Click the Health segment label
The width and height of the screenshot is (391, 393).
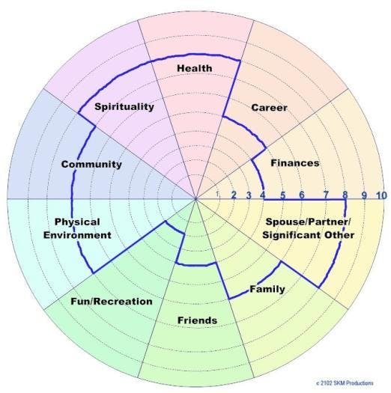pyautogui.click(x=195, y=69)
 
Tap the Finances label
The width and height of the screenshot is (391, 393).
pyautogui.click(x=294, y=162)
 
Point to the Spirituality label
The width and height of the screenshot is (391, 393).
pyautogui.click(x=124, y=106)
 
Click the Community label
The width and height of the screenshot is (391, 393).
pyautogui.click(x=91, y=164)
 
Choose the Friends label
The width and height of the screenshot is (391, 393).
pyautogui.click(x=197, y=321)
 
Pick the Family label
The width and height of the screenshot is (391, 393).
pyautogui.click(x=267, y=289)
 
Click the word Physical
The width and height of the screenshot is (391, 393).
pyautogui.click(x=78, y=222)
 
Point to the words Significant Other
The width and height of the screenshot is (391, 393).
pyautogui.click(x=307, y=236)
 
